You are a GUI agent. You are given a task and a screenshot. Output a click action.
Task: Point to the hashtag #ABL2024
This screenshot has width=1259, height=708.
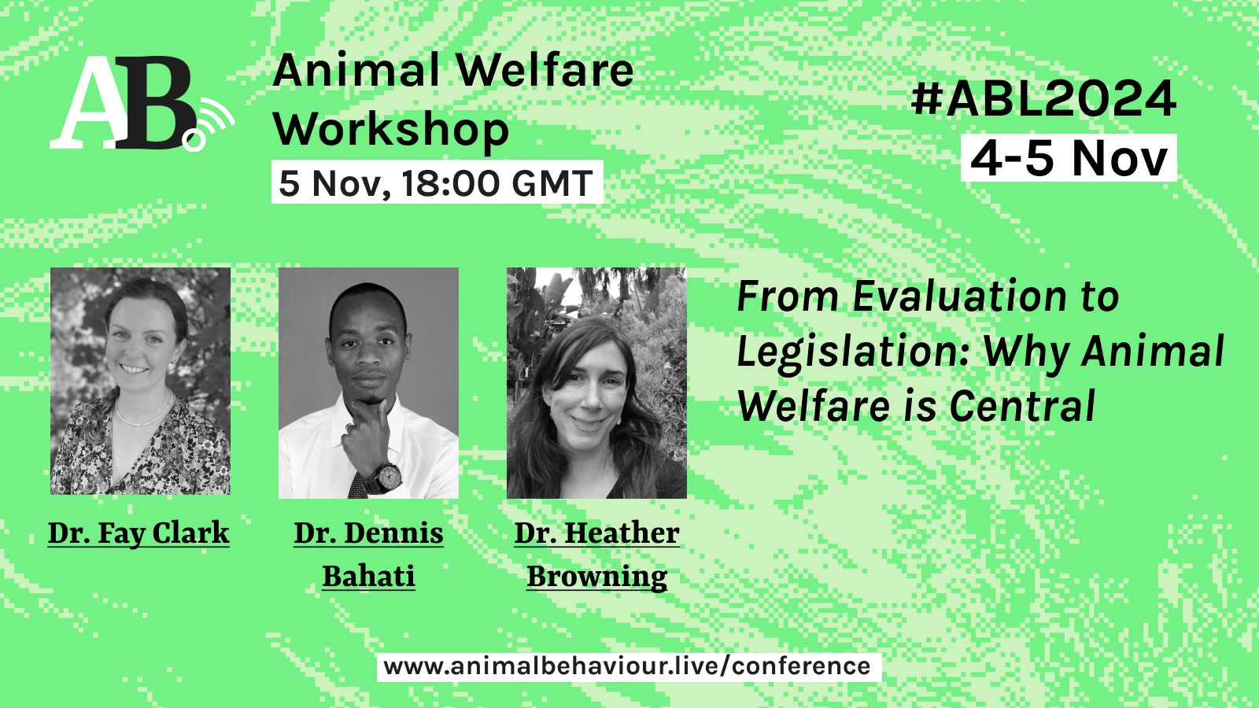[1043, 99]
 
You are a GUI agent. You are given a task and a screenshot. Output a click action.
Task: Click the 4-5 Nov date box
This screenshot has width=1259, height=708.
[1069, 158]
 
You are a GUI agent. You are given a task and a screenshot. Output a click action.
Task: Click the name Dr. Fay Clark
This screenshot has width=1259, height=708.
[138, 533]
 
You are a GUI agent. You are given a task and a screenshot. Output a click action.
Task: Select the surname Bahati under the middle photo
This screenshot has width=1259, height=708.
[369, 577]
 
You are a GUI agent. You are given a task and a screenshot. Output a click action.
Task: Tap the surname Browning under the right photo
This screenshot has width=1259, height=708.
[597, 577]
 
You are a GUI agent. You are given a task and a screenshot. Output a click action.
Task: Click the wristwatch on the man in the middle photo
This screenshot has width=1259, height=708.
[386, 478]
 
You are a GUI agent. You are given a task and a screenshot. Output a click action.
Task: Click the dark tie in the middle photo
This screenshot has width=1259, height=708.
[357, 485]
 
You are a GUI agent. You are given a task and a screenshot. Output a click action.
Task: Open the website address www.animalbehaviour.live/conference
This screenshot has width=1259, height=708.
[627, 667]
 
